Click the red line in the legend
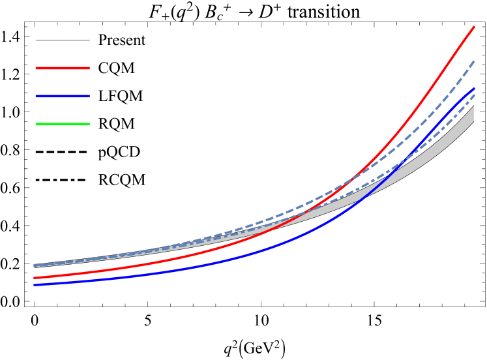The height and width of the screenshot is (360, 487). (x=63, y=68)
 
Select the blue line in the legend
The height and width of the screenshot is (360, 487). (x=63, y=96)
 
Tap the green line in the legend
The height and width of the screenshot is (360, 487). (x=63, y=123)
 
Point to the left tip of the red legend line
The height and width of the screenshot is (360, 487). (x=36, y=68)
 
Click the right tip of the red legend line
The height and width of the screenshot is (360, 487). (x=89, y=68)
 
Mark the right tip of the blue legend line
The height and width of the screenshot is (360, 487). (x=89, y=96)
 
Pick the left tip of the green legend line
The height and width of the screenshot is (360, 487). (x=36, y=123)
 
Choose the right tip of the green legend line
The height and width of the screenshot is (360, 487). (x=89, y=123)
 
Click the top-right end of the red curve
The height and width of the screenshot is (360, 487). (x=474, y=27)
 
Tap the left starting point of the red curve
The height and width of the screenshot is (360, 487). (x=35, y=278)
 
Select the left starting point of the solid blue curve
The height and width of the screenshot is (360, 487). (x=35, y=285)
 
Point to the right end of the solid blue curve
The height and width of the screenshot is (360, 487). (x=474, y=88)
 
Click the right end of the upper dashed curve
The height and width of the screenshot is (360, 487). (x=474, y=61)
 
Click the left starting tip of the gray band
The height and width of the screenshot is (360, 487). (x=35, y=265)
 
